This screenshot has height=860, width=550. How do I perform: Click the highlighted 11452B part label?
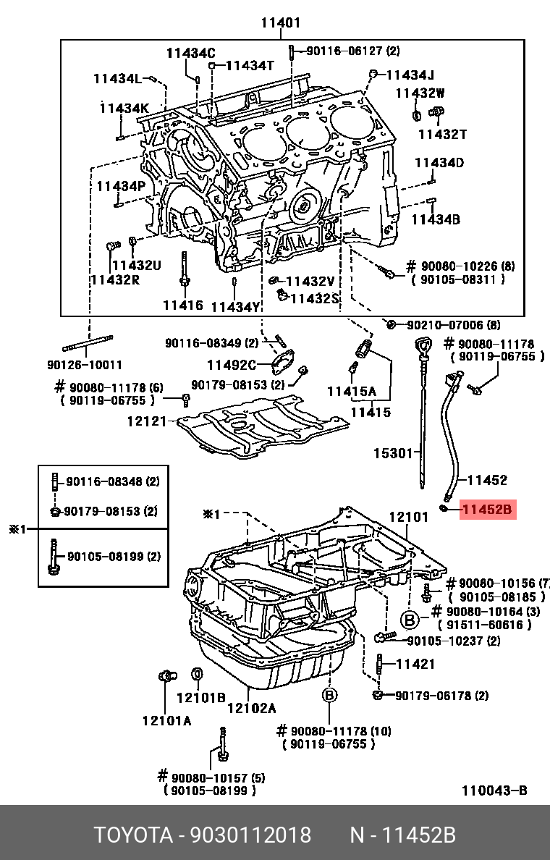coord(487,510)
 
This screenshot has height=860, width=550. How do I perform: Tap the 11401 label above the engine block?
coord(281,23)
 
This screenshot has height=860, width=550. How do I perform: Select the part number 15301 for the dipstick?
coord(392,454)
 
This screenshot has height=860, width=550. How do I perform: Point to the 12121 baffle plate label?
coord(147,421)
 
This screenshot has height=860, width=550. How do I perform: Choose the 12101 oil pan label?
coord(410,518)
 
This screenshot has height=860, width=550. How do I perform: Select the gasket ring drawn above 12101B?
coord(195,675)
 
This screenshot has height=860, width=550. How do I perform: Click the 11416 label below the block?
coord(182,305)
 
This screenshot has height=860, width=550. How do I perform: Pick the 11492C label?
coord(232,365)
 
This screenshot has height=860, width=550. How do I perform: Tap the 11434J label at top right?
coord(410,75)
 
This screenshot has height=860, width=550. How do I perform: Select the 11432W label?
coord(420,93)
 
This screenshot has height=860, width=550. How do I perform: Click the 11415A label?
coord(352,392)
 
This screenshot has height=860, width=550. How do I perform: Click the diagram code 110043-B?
coord(494,790)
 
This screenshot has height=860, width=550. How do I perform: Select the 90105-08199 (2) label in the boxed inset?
coord(114,557)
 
